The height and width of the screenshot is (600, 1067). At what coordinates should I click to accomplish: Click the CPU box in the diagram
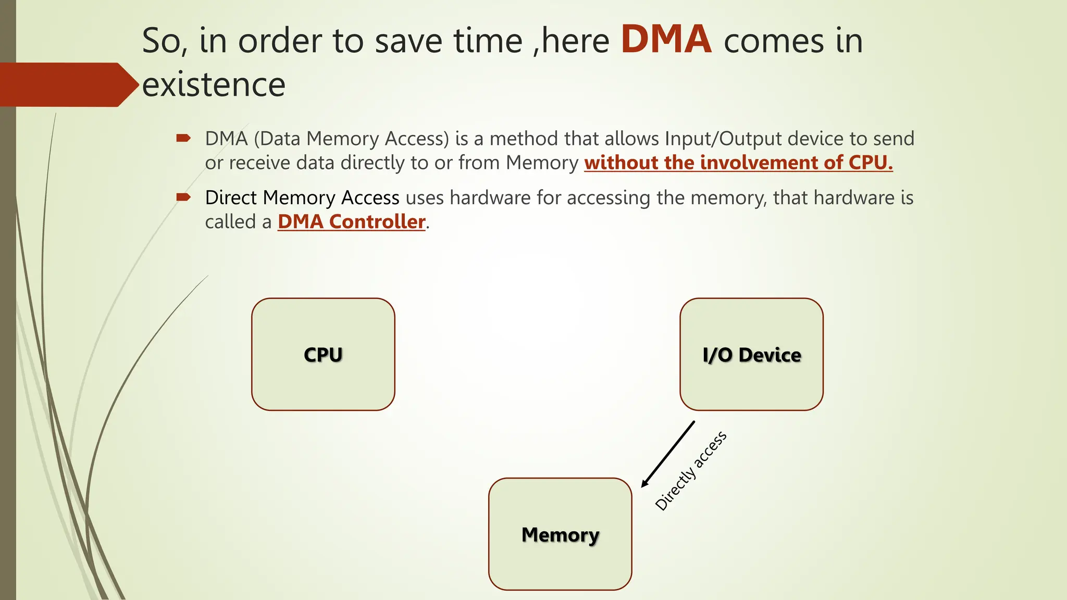323,354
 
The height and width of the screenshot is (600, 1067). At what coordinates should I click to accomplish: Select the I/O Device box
751,354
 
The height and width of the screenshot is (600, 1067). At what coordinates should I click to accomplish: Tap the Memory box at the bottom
560,534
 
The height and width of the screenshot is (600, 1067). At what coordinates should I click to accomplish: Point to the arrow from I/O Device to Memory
668,454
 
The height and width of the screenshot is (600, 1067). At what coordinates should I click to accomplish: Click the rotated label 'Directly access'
691,471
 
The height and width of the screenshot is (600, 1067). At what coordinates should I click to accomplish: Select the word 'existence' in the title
214,84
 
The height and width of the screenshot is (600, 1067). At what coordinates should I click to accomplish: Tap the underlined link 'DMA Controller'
352,222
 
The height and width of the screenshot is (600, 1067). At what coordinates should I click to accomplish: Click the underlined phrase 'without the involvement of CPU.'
738,163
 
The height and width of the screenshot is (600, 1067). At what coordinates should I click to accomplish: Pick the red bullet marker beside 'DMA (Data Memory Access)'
183,138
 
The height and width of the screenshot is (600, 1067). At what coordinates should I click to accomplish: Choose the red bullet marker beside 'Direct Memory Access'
183,197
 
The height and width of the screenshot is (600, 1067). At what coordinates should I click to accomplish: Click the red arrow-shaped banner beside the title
68,84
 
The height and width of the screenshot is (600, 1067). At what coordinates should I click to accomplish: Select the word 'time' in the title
488,41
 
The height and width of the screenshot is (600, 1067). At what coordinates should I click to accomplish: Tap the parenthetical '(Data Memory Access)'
352,139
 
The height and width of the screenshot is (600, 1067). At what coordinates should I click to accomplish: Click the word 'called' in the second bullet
230,222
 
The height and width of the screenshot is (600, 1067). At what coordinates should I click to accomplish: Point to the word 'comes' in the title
774,41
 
